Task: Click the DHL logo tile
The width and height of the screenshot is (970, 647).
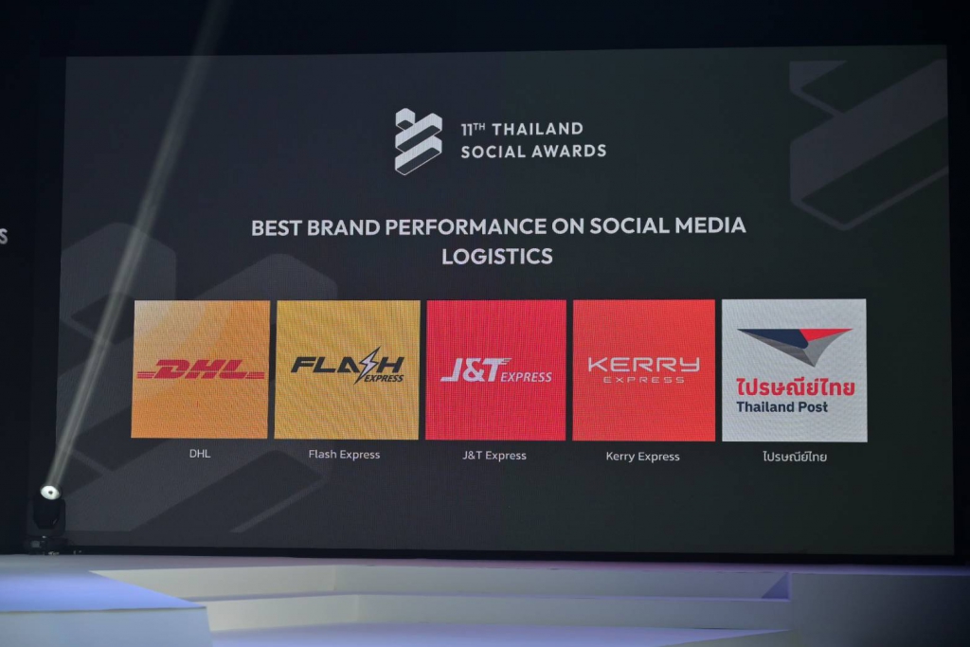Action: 201,369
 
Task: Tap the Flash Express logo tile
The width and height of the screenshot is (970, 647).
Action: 347,369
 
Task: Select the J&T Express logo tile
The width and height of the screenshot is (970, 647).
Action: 495,369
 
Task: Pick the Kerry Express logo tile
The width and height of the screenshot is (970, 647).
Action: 643,369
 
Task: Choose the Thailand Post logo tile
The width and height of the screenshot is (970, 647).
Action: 795,369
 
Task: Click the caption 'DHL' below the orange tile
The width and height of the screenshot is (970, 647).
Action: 200,454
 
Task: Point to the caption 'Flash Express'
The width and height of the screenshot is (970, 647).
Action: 344,454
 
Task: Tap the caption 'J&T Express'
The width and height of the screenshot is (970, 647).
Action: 494,456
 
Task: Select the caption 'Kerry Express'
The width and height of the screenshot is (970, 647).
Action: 643,457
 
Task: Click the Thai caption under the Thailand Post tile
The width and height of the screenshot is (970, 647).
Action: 795,457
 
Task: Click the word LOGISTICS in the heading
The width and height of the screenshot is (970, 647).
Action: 497,256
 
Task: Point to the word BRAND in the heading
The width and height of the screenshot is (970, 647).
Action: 343,227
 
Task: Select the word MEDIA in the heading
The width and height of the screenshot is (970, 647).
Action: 710,225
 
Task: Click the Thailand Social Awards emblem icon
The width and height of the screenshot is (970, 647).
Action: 418,141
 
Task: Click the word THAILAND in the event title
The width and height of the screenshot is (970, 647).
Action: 538,129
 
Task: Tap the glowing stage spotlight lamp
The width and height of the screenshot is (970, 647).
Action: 50,493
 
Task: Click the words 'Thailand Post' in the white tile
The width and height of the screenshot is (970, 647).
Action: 781,407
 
